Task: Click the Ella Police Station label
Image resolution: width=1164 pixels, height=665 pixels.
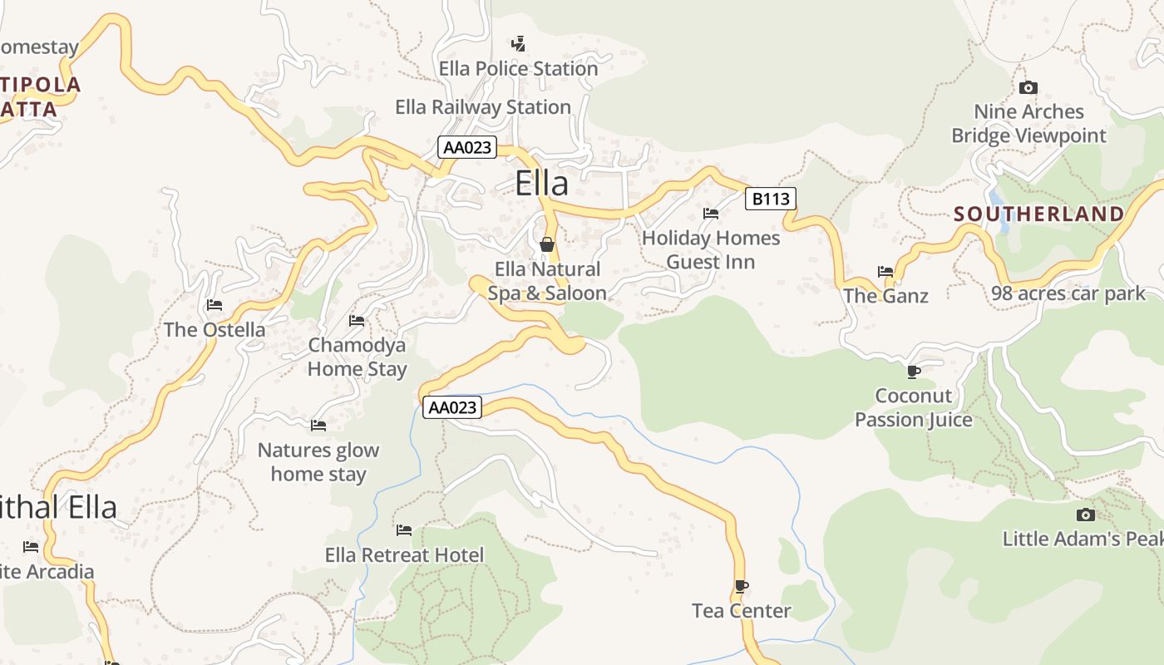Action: point(518,68)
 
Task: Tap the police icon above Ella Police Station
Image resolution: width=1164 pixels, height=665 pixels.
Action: point(518,42)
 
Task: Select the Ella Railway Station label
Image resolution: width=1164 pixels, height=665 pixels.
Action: point(482,106)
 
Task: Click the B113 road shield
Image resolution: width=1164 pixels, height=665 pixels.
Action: point(770,199)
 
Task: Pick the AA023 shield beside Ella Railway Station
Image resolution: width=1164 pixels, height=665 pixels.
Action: point(467,148)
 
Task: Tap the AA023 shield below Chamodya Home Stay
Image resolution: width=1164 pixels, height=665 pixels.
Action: point(452,407)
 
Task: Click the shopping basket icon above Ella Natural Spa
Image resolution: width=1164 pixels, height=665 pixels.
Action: point(547,244)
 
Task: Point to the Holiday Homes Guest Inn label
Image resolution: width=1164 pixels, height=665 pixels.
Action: point(711,249)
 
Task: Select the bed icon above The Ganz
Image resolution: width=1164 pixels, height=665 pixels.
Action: point(885,271)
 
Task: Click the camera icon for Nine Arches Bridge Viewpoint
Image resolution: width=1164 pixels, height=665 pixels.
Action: point(1028,87)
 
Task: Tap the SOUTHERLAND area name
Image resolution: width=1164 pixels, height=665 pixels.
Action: point(1038,214)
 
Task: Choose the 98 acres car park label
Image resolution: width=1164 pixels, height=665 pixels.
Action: point(1068,293)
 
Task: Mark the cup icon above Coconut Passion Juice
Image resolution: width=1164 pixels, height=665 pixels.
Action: point(914,371)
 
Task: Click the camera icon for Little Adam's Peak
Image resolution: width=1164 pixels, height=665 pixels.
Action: point(1085,515)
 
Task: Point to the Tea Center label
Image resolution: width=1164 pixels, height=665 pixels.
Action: point(741,611)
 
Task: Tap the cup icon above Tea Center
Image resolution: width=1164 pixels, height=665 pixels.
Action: point(741,586)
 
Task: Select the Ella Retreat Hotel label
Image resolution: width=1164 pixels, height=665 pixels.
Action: point(404,554)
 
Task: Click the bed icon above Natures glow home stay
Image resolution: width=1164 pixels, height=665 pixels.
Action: point(318,426)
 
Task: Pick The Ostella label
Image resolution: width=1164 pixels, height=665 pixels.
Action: point(215,329)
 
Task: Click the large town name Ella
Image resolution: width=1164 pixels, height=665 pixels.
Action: point(541,183)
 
